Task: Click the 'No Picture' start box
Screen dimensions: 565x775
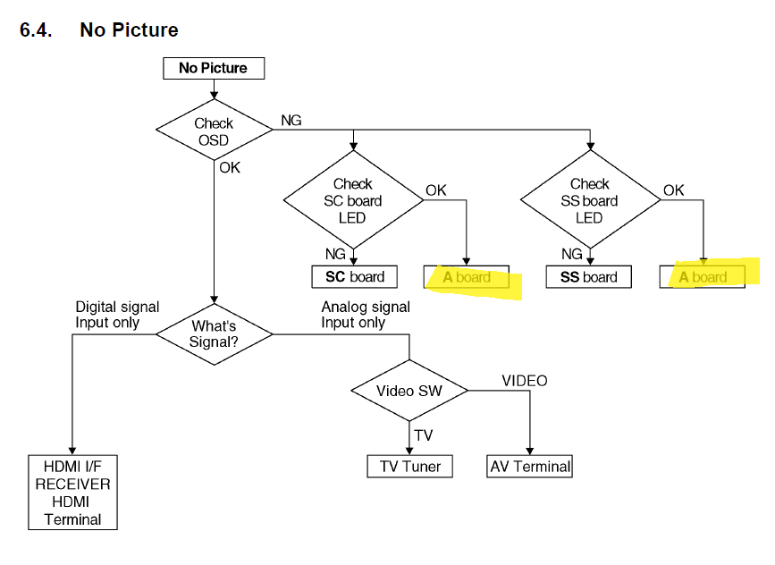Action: coord(213,68)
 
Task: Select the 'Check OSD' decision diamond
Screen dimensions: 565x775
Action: coord(214,131)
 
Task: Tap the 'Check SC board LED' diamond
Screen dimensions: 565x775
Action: coord(353,200)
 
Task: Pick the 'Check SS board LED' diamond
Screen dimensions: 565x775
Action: coord(589,200)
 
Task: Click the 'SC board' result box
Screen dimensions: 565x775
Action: coord(354,277)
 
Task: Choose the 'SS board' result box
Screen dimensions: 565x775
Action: coord(588,277)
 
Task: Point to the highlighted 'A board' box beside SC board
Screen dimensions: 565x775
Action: coord(467,277)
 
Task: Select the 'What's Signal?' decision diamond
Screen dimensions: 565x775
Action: coord(214,333)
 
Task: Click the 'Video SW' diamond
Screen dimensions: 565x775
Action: coord(409,391)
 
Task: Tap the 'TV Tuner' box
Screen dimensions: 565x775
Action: coord(409,466)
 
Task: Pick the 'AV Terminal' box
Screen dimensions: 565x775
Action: coord(530,466)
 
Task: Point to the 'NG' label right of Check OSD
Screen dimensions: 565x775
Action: coord(291,120)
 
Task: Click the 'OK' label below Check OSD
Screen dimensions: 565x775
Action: coord(230,167)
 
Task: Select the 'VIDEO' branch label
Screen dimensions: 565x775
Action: coord(525,381)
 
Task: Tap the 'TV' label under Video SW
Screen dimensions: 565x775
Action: coord(424,435)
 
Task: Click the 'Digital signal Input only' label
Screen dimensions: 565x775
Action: coord(116,315)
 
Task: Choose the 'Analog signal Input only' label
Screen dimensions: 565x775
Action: coord(366,315)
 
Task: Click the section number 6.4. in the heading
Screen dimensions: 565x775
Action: coord(36,30)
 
